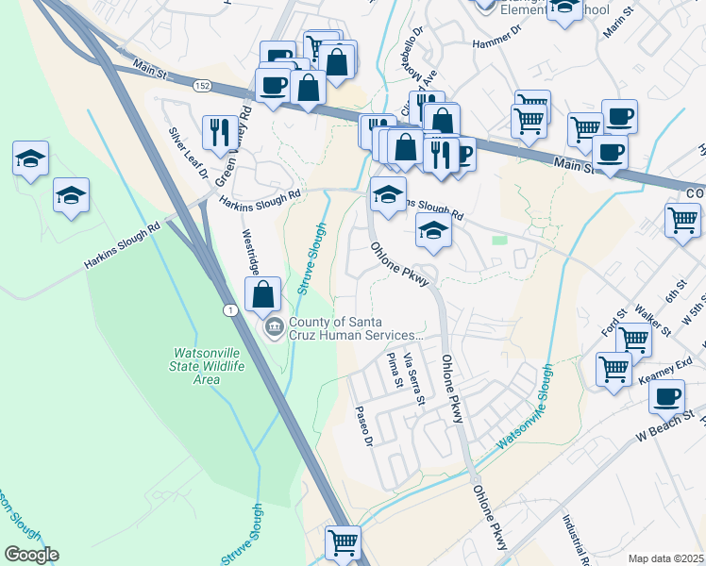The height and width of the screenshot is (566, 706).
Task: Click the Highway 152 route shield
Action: pos(202,85)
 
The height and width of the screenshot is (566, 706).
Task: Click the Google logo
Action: pos(31,555)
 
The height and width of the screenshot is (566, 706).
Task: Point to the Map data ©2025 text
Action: pos(666,558)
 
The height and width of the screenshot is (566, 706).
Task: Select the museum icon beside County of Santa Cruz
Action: pos(274,328)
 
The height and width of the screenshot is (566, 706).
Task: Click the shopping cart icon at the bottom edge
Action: pos(343,542)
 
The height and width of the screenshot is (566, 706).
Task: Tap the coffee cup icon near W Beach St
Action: pos(666,396)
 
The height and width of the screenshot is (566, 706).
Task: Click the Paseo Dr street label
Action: pos(364,427)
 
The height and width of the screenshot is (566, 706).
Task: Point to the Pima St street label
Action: pos(394,370)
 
